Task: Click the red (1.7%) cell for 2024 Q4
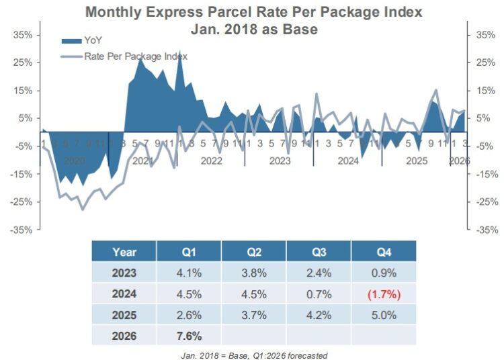[x=383, y=295]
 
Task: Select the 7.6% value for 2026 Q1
[x=188, y=336]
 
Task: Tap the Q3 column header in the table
[x=318, y=253]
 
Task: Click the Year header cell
[x=124, y=253]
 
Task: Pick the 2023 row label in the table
[x=124, y=273]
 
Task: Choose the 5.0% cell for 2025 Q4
[x=383, y=316]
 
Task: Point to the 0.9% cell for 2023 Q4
[x=383, y=273]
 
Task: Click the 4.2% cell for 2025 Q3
[x=318, y=316]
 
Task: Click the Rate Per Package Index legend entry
[x=134, y=56]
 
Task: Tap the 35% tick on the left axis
[x=23, y=34]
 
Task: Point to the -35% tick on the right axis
[x=486, y=230]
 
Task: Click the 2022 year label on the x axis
[x=211, y=161]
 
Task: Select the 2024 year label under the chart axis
[x=347, y=161]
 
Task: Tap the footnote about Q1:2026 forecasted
[x=253, y=355]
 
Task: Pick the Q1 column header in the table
[x=188, y=253]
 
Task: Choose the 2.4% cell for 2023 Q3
[x=318, y=273]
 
